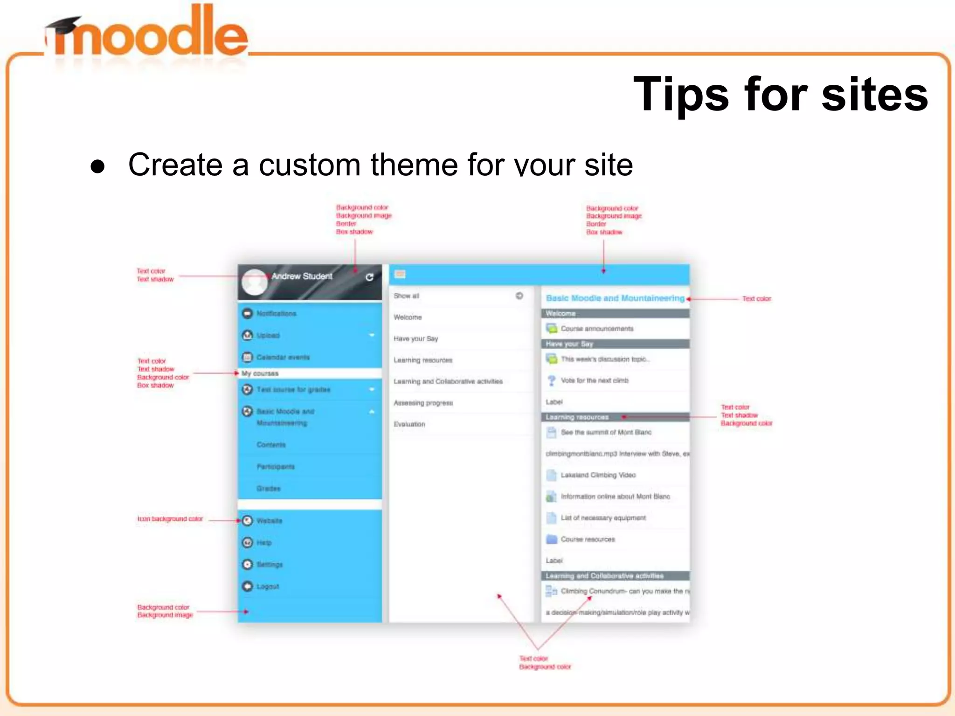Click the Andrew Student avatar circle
[255, 282]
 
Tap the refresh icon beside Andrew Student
[369, 277]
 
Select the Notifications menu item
[276, 314]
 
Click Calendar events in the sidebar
[283, 358]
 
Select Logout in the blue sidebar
[268, 586]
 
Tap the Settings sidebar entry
[270, 565]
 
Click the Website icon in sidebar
[248, 521]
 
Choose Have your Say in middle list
[415, 339]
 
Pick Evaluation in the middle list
[409, 424]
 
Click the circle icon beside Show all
[519, 296]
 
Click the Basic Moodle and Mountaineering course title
[615, 298]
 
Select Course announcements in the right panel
[597, 329]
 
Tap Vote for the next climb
[595, 381]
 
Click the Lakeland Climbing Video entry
[598, 475]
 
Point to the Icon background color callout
[170, 519]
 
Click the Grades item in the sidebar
[268, 489]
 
